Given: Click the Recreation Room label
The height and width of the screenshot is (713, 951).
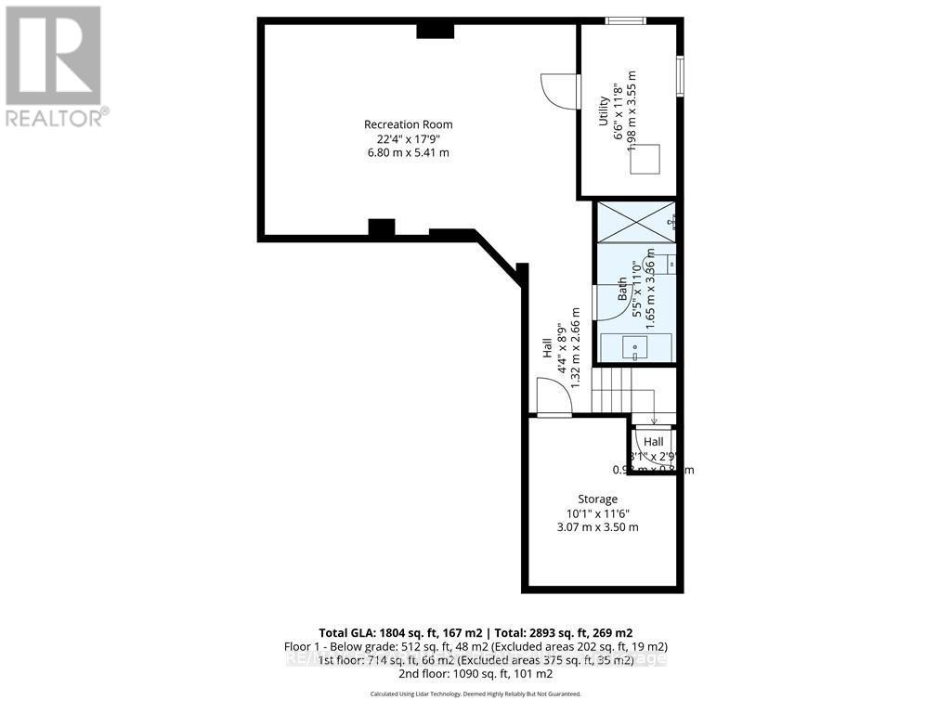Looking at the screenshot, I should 408,124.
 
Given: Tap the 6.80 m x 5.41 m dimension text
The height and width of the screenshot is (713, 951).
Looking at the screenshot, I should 408,152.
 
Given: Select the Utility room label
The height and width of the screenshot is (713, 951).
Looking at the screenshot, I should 603,111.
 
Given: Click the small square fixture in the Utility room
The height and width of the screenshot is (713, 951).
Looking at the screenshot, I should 645,160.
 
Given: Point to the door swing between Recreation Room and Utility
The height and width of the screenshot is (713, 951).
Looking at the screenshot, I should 559,90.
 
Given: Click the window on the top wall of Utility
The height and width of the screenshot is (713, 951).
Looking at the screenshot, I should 626,20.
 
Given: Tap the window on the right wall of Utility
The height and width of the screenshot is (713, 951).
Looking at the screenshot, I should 680,75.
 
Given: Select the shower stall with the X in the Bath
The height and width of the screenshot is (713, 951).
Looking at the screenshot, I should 634,221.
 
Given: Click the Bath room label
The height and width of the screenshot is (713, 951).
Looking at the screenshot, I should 623,291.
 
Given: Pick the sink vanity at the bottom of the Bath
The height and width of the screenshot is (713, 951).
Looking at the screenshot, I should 635,347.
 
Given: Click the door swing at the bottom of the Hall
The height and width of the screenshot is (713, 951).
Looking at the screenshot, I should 554,399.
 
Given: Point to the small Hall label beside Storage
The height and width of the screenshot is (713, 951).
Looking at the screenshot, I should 654,443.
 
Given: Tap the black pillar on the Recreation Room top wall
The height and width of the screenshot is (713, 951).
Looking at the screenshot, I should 434,31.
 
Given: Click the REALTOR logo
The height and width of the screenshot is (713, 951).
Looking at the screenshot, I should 55,65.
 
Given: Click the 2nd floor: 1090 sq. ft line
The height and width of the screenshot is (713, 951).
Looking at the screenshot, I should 475,673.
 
